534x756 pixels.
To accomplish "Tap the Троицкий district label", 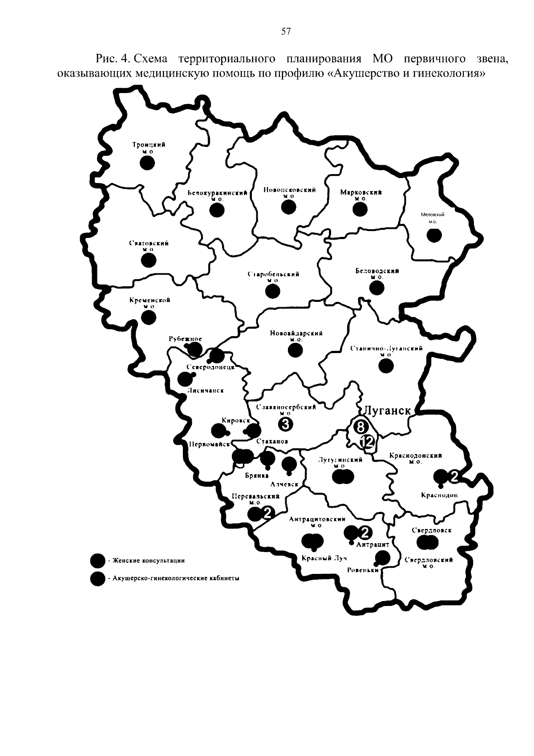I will click(x=148, y=145).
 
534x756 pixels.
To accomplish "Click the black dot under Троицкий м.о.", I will click(x=147, y=163).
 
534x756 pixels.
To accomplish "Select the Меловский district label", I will click(x=433, y=215).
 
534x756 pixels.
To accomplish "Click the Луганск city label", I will click(x=387, y=410).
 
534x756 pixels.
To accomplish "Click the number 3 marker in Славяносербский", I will click(x=285, y=425).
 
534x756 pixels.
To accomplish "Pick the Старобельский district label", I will click(x=273, y=274).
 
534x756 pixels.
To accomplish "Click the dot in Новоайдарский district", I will click(x=295, y=350).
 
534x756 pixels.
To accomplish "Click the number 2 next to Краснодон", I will click(x=454, y=476).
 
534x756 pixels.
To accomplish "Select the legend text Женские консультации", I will click(x=148, y=561).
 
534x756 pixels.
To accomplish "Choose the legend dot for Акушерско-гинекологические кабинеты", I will click(x=97, y=578).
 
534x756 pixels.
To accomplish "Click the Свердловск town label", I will click(x=431, y=530).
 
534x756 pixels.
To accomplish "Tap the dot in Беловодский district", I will click(x=377, y=288).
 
